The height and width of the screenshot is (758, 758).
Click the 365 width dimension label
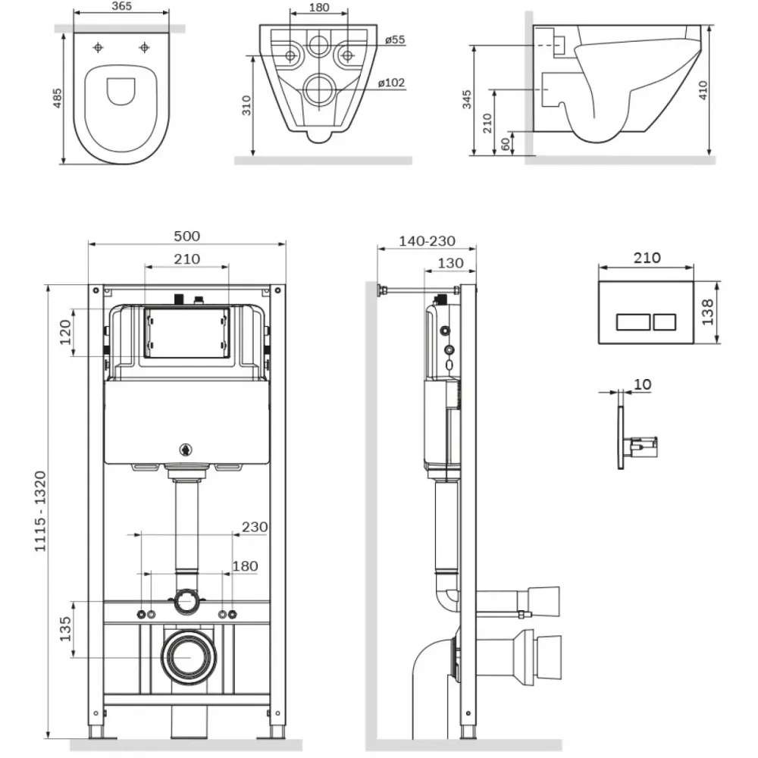(121, 6)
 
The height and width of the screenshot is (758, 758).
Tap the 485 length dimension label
(57, 98)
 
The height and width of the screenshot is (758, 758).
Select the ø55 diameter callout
(395, 39)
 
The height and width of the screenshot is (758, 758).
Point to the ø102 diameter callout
(391, 83)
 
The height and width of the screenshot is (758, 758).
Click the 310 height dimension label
(246, 105)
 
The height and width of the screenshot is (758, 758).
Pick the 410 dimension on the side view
(703, 90)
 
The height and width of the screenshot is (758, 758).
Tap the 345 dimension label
(466, 99)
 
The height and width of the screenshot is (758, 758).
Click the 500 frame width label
(186, 236)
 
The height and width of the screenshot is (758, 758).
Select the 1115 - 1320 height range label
(40, 512)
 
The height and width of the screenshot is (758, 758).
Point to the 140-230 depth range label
(427, 241)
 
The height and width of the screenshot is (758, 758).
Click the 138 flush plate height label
(707, 312)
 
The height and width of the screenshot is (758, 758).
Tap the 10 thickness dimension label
(642, 384)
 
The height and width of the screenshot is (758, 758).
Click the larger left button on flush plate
(633, 322)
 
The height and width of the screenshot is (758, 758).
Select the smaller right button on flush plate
(664, 322)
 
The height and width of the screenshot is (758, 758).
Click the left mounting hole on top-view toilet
(98, 47)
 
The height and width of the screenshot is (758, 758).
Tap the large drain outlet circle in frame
(189, 657)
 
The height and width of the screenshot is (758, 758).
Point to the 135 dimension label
(65, 629)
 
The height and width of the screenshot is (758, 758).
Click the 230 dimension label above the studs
(255, 527)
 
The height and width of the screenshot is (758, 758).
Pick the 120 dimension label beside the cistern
(65, 332)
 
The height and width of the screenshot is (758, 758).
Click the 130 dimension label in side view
(450, 264)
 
